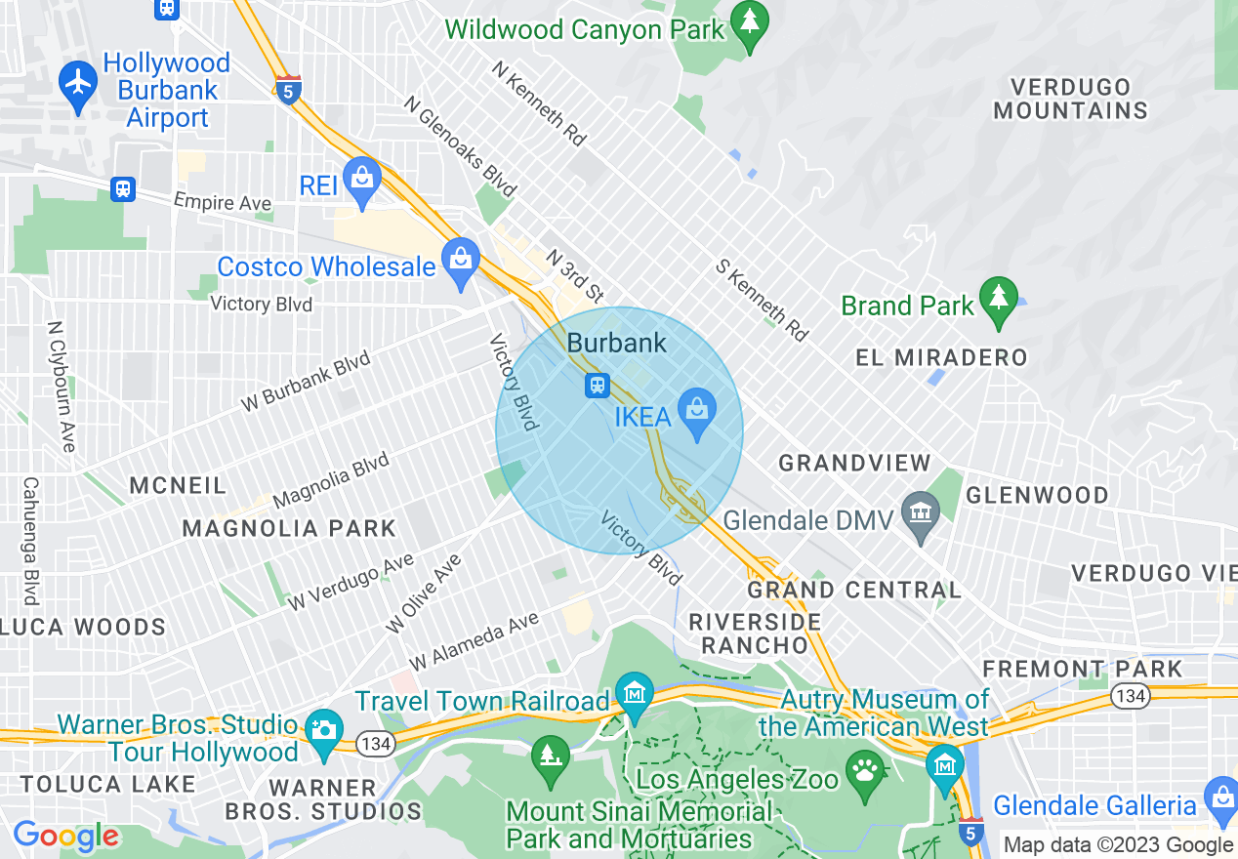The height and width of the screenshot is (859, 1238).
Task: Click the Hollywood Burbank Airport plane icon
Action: [x=78, y=81]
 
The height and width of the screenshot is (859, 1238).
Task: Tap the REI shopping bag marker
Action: [x=362, y=180]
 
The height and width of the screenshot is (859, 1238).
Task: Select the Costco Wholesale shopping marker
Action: [x=459, y=261]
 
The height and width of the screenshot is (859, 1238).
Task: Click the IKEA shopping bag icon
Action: [x=696, y=410]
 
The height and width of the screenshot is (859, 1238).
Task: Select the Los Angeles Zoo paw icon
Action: [x=865, y=771]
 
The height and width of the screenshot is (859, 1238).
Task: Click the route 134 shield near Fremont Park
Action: [x=1131, y=696]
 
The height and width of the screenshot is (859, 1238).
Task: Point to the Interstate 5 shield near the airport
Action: [x=288, y=89]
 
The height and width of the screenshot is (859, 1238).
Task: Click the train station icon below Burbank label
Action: [x=598, y=386]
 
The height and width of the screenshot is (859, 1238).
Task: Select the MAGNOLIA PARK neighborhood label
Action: [x=289, y=529]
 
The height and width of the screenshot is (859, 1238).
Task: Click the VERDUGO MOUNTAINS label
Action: [x=1070, y=99]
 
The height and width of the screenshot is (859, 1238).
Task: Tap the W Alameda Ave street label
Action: [x=474, y=641]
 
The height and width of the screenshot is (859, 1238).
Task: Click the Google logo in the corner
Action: [x=65, y=836]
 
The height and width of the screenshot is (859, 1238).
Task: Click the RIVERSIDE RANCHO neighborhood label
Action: [x=755, y=634]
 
